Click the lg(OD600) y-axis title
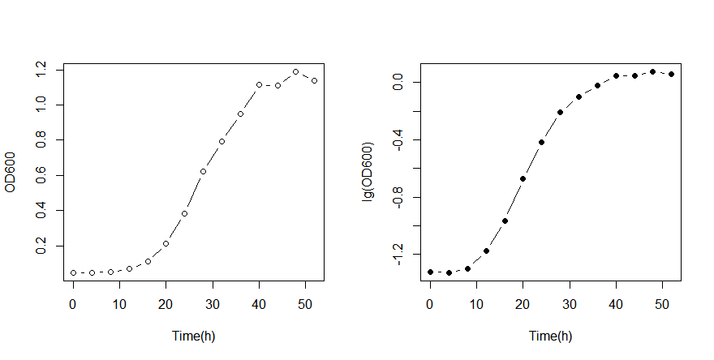click(367, 172)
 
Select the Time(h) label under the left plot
click(193, 336)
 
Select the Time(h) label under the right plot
click(550, 336)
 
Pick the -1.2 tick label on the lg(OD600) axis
click(398, 255)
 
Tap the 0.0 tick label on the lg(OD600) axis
click(398, 82)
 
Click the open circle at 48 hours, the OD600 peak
click(295, 71)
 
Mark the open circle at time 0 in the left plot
click(73, 272)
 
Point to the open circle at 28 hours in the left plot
click(203, 171)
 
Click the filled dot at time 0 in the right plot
click(430, 272)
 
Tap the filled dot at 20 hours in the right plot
click(523, 178)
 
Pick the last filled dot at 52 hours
click(671, 74)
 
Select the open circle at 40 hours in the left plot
click(259, 84)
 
